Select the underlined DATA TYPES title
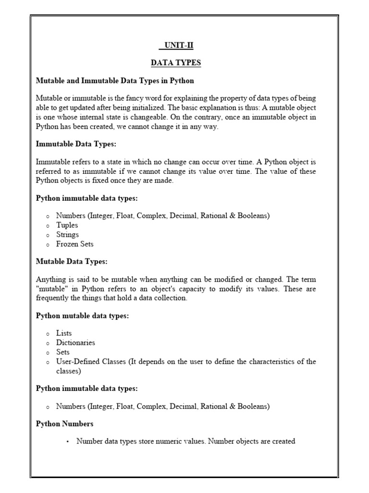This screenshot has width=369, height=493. point(176,63)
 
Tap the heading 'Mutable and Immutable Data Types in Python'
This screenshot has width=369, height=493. point(115,80)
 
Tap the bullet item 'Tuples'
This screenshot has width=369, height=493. point(67,225)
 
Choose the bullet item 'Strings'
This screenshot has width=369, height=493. point(67,234)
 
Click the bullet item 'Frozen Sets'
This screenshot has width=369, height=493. point(74,244)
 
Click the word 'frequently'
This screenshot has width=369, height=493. point(53,298)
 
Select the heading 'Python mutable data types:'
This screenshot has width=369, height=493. point(82,316)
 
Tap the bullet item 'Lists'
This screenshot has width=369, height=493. point(64,333)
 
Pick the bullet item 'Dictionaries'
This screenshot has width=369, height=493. point(75,343)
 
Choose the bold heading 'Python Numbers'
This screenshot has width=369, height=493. point(65,424)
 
